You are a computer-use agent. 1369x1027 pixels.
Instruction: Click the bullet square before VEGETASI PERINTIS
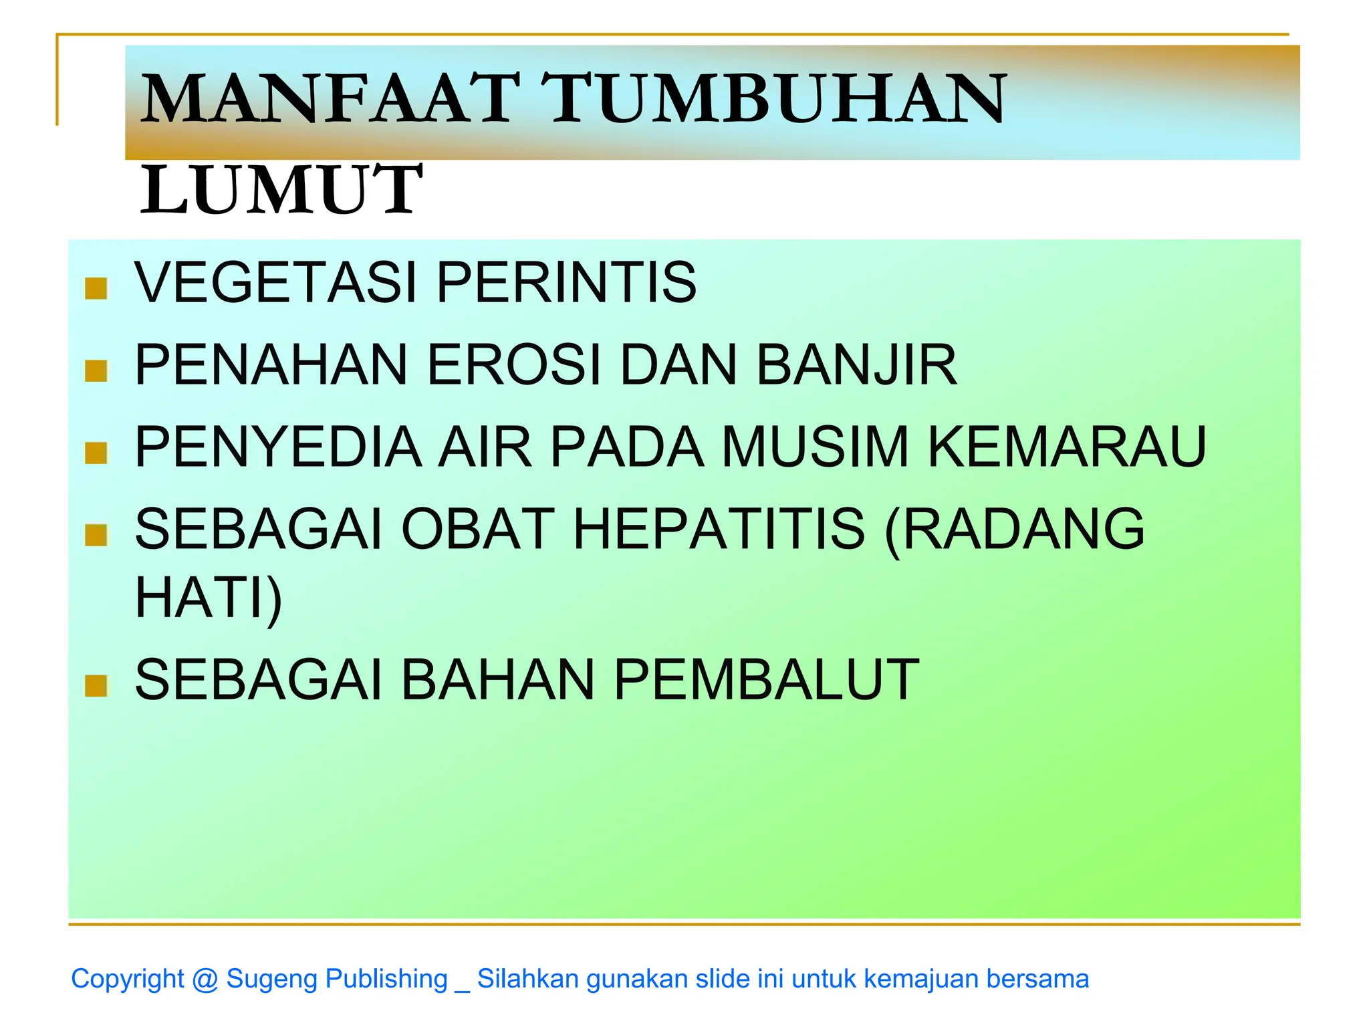pos(96,288)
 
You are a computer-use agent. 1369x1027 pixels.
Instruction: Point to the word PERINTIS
pos(567,282)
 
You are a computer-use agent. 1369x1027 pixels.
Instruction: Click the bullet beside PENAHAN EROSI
pos(96,370)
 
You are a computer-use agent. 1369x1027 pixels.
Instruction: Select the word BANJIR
pos(857,365)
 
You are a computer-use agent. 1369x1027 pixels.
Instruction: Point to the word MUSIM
pos(816,447)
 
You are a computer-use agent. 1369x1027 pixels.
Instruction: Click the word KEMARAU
pos(1068,447)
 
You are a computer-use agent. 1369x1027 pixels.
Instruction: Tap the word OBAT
pos(478,529)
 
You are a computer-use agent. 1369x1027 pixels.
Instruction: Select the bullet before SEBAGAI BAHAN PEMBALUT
pos(96,685)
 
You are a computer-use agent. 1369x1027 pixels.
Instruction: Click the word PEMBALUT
pos(767,680)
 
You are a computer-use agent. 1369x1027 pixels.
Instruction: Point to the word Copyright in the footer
pos(127,979)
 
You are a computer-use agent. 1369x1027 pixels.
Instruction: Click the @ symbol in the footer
pos(205,980)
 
